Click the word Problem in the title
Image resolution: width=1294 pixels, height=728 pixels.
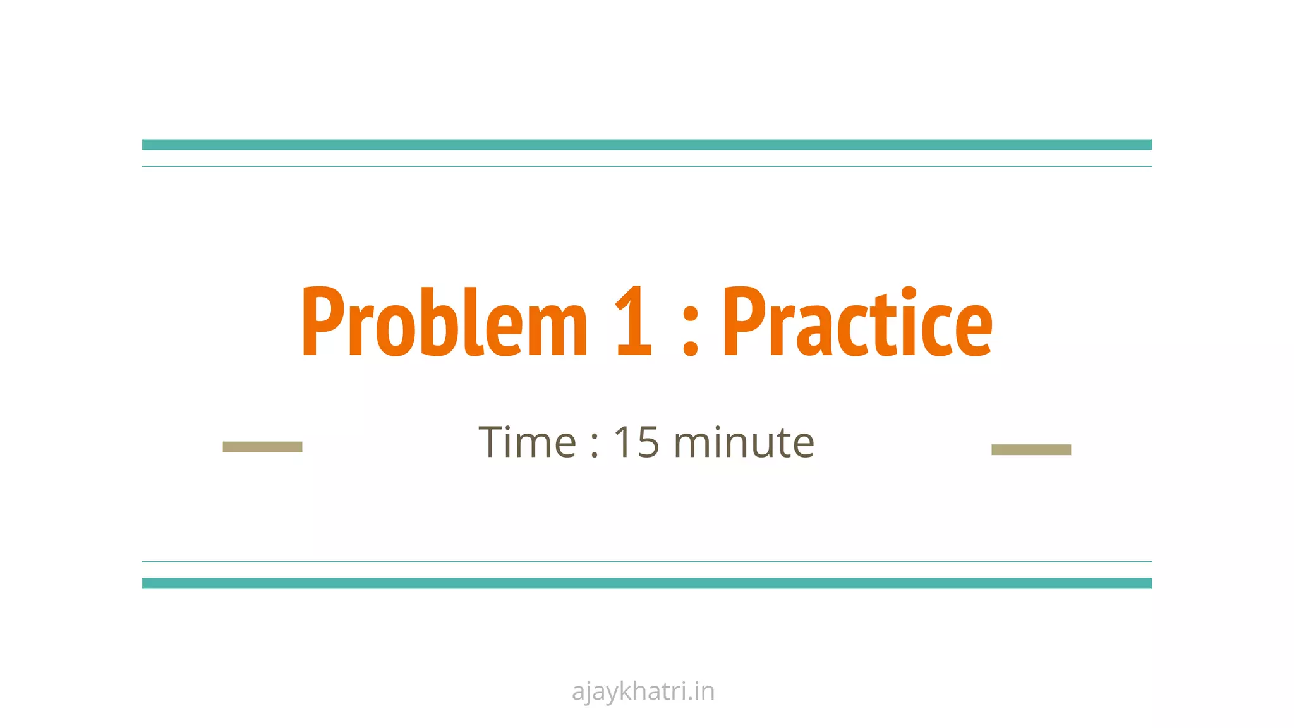445,322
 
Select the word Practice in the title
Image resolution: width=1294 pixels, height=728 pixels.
857,322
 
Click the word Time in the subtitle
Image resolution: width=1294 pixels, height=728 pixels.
528,442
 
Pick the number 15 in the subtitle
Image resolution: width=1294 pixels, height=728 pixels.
637,442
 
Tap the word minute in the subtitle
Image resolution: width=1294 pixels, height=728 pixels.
744,442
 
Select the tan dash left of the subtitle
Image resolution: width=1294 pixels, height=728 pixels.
262,447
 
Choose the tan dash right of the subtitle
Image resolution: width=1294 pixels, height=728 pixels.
1031,449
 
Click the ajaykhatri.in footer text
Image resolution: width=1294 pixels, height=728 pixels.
643,691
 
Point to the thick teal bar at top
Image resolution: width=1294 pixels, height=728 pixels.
647,145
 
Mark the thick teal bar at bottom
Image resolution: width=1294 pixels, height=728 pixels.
647,583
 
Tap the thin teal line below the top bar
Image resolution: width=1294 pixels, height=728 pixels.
647,166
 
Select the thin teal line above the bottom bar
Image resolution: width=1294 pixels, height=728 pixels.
647,561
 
